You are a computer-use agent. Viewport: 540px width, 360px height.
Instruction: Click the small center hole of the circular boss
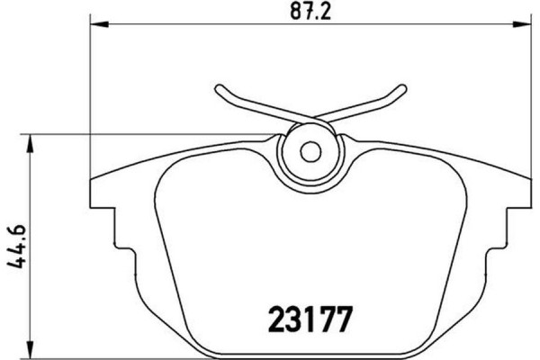click(x=309, y=152)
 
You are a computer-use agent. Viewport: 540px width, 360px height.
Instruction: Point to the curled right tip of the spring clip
click(x=398, y=90)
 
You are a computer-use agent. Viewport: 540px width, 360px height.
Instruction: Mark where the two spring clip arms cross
click(x=310, y=119)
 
